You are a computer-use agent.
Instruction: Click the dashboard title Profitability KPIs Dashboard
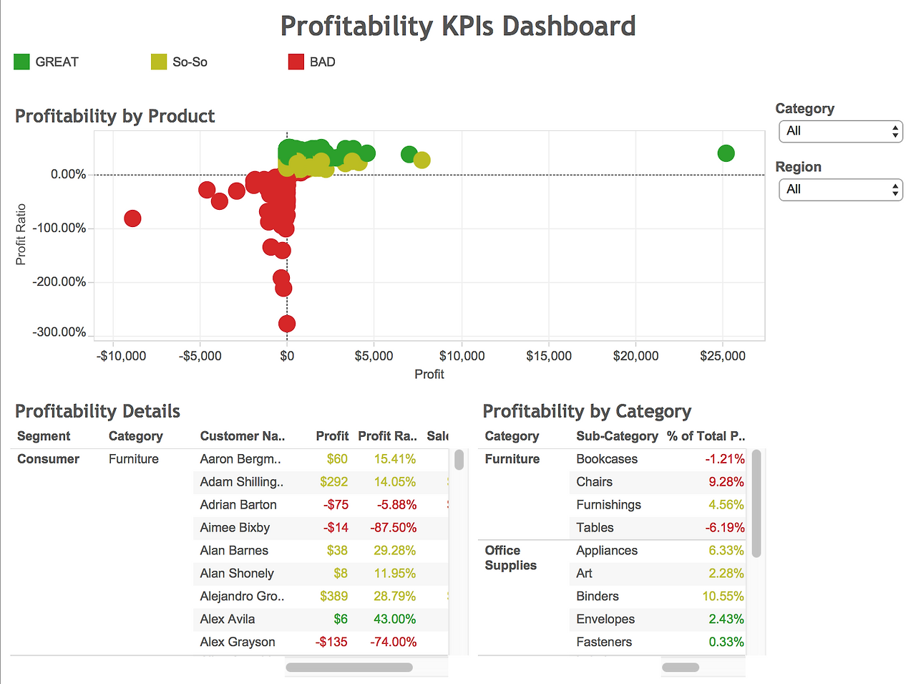[x=458, y=26]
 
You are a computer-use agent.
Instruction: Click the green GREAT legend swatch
[x=21, y=62]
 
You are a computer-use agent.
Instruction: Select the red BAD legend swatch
[x=296, y=62]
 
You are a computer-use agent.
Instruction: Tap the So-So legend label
[x=190, y=62]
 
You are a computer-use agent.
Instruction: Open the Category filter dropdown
[x=841, y=131]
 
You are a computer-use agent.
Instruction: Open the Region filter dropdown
[x=841, y=190]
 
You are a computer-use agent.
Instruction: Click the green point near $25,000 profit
[x=726, y=153]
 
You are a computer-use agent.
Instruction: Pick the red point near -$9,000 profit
[x=132, y=218]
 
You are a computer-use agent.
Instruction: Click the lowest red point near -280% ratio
[x=287, y=324]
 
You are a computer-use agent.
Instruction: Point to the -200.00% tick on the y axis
[x=59, y=281]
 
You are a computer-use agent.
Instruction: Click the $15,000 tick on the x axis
[x=549, y=356]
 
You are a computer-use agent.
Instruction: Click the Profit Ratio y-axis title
[x=21, y=234]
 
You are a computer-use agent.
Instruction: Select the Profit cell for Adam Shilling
[x=333, y=482]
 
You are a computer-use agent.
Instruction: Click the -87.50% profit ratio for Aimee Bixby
[x=393, y=528]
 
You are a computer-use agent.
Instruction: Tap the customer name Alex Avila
[x=228, y=620]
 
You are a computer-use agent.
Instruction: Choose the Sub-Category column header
[x=617, y=436]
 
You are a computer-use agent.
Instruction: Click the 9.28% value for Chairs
[x=726, y=482]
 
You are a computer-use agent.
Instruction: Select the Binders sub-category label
[x=598, y=597]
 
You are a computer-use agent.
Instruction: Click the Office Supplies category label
[x=510, y=558]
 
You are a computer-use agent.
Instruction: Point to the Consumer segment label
[x=48, y=459]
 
